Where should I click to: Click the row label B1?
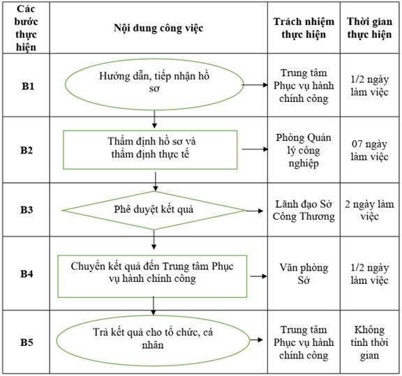28,86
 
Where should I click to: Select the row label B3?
27,210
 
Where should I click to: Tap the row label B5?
27,343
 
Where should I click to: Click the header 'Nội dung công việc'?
158,28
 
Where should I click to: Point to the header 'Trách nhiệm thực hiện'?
304,28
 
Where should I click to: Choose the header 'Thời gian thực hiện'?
369,28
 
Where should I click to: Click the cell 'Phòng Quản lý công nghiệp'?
304,150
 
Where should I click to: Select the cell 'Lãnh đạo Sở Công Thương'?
304,210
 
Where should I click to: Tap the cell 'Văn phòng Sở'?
304,274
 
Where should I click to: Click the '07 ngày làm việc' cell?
369,150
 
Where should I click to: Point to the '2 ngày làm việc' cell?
369,210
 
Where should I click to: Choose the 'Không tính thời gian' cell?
369,343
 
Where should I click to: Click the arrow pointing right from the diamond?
255,211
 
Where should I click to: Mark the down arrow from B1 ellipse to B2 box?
154,119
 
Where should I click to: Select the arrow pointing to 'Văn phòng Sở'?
259,276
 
